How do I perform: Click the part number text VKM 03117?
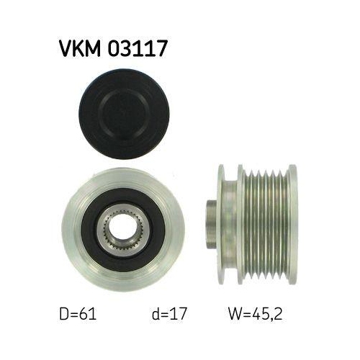pyautogui.click(x=113, y=49)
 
